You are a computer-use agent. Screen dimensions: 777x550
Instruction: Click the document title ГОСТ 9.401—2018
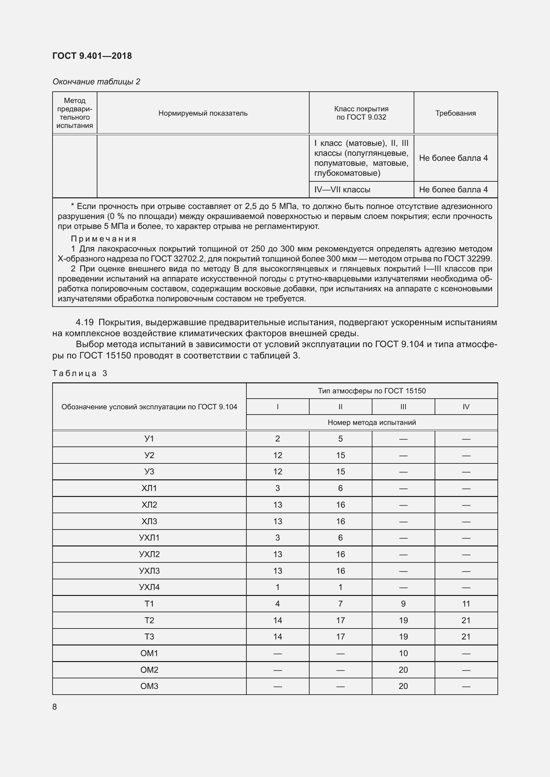point(92,56)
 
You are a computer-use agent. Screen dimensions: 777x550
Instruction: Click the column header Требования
point(456,113)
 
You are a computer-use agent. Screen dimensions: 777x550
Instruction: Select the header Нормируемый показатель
point(203,113)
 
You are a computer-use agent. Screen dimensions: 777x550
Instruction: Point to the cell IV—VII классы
point(342,189)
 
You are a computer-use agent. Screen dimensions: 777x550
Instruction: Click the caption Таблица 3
point(80,373)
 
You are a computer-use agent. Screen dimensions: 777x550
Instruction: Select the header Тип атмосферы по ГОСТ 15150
point(371,391)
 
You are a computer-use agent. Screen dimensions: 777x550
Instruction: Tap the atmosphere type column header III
point(403,407)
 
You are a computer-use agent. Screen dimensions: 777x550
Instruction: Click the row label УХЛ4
point(149,587)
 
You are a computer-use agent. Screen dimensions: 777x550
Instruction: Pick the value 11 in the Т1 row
point(466,604)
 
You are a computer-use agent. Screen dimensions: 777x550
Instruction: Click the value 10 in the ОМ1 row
point(403,653)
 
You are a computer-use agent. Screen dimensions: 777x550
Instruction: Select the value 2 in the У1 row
point(277,439)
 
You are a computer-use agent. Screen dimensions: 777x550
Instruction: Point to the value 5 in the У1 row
point(341,439)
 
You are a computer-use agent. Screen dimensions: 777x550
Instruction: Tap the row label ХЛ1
point(149,488)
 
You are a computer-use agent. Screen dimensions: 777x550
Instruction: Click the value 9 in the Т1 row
point(403,604)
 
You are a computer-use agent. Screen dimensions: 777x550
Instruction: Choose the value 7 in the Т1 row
point(341,604)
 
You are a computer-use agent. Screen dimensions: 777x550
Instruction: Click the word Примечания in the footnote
point(104,239)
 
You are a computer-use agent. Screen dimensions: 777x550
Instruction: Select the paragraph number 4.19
point(85,322)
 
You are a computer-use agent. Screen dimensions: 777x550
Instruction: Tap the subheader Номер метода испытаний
point(371,422)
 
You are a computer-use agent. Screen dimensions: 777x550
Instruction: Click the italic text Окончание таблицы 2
point(96,82)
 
